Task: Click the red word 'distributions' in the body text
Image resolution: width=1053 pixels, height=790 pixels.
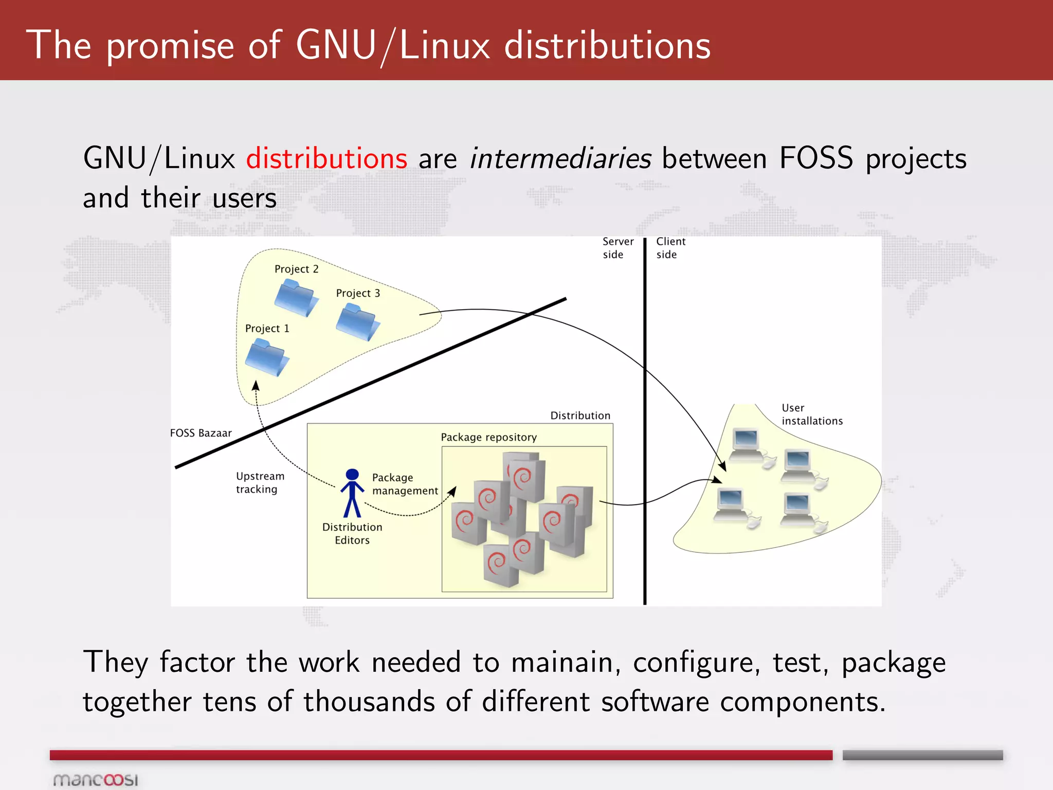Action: (x=326, y=158)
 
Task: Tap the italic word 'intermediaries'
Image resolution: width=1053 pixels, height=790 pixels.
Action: (x=560, y=158)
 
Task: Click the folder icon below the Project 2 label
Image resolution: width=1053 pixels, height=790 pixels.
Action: (x=296, y=297)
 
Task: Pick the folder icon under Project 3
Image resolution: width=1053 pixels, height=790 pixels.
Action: (x=358, y=322)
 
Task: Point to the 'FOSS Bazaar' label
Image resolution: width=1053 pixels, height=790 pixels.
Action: (x=201, y=433)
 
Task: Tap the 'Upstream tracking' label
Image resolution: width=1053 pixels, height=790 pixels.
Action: (x=260, y=482)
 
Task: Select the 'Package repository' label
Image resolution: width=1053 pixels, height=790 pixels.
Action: (x=488, y=437)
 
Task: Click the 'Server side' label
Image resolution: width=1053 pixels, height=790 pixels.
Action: (x=618, y=248)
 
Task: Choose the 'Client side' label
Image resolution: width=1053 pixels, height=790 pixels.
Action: (x=670, y=248)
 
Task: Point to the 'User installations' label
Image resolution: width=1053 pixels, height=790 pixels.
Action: (x=811, y=414)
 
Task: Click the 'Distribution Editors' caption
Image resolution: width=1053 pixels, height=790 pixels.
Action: (x=352, y=533)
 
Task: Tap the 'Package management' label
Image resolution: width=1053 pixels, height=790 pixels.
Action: (x=405, y=484)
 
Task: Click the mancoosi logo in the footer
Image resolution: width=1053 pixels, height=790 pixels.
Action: (x=96, y=780)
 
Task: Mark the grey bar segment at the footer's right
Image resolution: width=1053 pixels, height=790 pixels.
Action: (x=922, y=755)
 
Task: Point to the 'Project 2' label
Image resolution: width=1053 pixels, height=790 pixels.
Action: (x=296, y=269)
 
